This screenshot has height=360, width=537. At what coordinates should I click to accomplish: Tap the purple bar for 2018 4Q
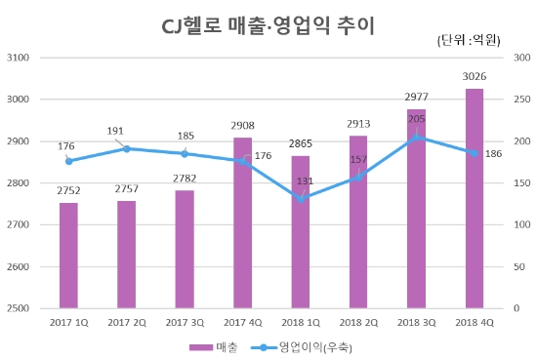475,199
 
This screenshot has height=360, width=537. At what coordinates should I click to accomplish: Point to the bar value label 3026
475,77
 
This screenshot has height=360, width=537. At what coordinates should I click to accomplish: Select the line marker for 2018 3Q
417,137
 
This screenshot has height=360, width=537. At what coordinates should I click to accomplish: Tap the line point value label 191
127,130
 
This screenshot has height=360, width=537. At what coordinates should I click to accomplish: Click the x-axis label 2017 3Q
185,322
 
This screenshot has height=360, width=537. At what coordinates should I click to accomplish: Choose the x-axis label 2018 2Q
358,322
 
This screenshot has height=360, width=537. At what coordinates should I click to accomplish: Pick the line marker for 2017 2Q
127,148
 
